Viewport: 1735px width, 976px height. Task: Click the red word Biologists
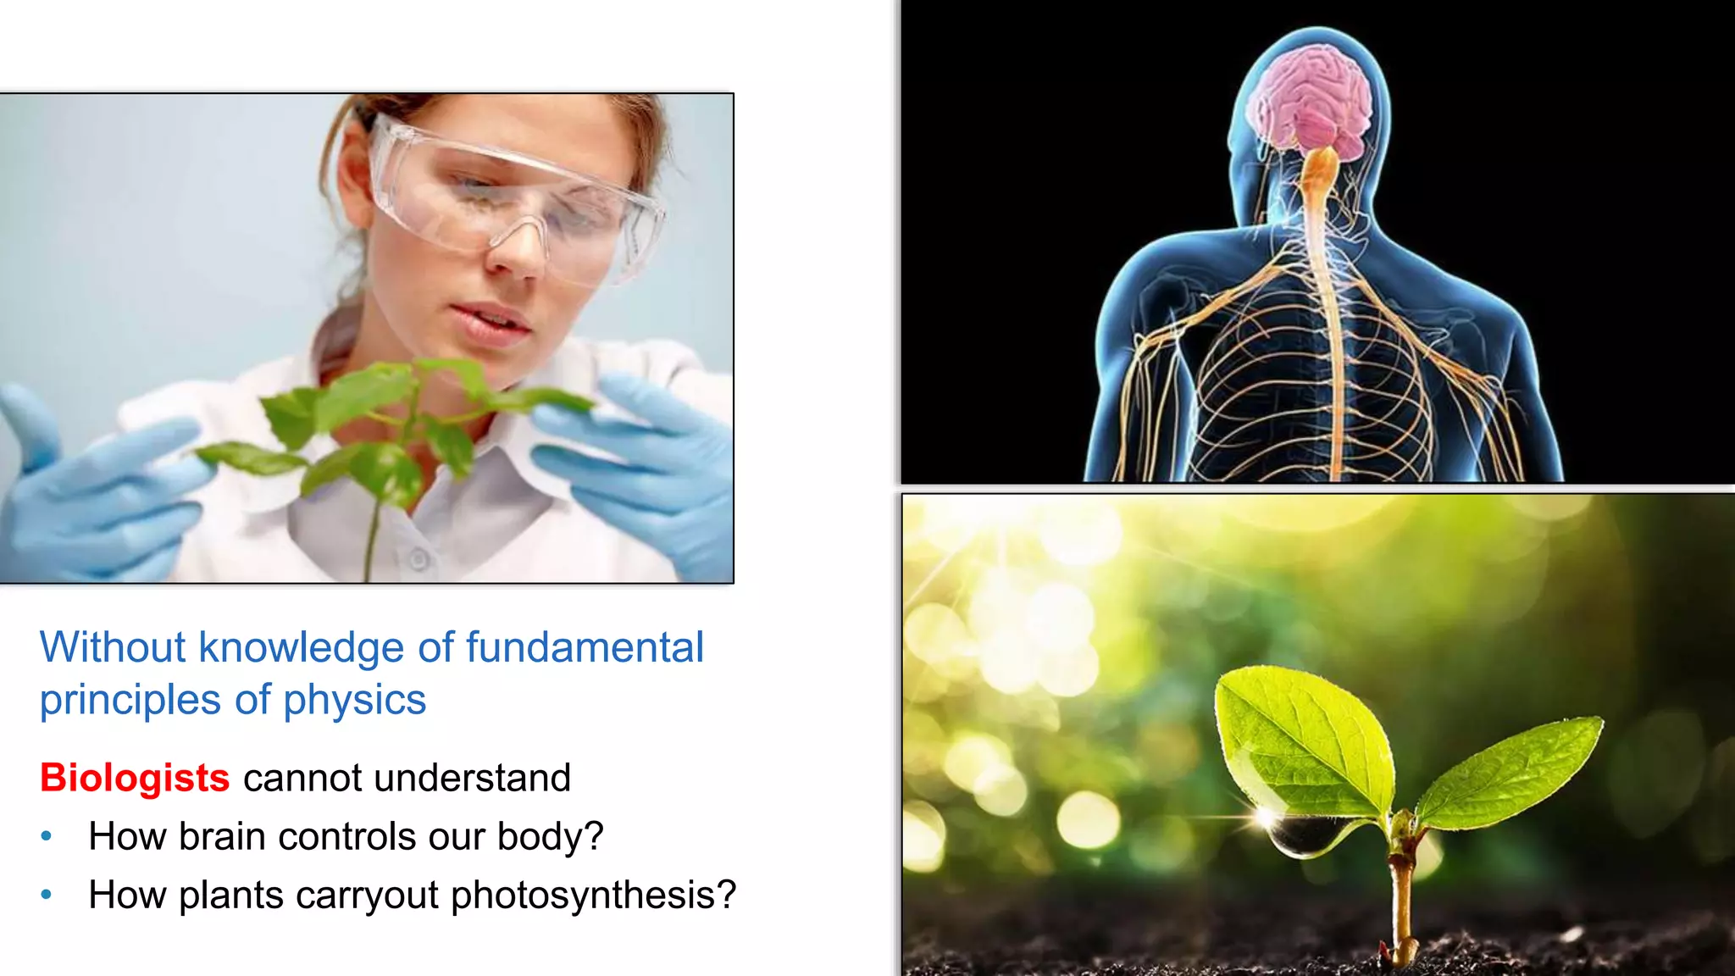[x=135, y=778]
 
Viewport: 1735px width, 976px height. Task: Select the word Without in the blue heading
[x=113, y=647]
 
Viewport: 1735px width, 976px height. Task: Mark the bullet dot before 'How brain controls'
[x=47, y=836]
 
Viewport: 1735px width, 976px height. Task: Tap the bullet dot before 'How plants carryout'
[x=47, y=894]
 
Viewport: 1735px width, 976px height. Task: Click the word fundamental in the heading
[x=585, y=647]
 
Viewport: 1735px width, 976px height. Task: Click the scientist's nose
[x=515, y=254]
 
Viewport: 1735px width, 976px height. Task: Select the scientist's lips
[x=491, y=323]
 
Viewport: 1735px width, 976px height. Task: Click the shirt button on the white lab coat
[x=419, y=558]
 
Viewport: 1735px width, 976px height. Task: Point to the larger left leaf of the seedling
[x=1305, y=737]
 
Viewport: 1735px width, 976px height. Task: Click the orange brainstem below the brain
[x=1318, y=169]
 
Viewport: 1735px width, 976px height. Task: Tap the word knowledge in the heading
[x=301, y=649]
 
